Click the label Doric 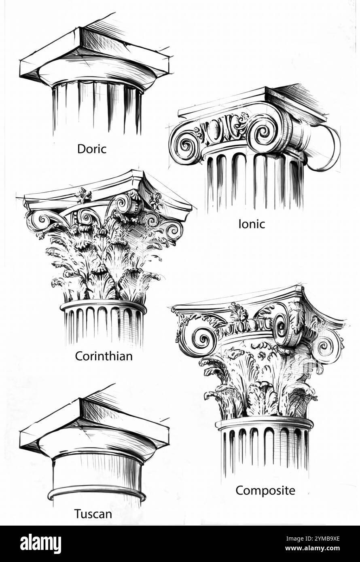point(92,149)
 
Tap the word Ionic point(252,224)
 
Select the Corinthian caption point(104,356)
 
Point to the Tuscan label point(93,514)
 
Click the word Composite point(265,490)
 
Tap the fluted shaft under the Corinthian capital point(104,323)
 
